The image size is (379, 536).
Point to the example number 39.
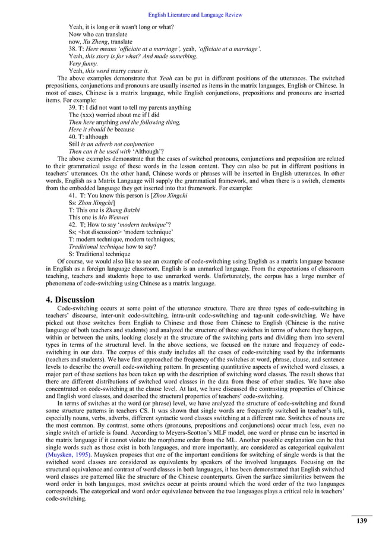[x=73, y=108]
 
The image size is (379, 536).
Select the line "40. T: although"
[x=93, y=136]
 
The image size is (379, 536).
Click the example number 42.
[x=73, y=224]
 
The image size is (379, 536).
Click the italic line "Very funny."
[x=84, y=64]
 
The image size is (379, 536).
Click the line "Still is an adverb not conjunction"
[x=111, y=144]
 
